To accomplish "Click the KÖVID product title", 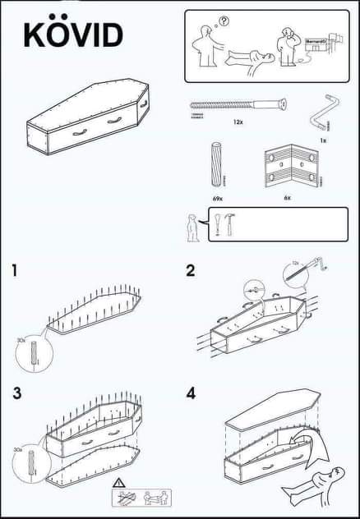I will point(73,34).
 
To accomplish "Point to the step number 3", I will point(17,392).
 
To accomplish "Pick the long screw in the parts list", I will point(238,106).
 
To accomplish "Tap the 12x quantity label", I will point(238,122).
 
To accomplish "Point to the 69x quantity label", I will point(218,198).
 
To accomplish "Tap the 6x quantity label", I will point(287,198).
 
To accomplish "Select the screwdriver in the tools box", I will point(217,225).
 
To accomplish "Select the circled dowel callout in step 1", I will point(34,354).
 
